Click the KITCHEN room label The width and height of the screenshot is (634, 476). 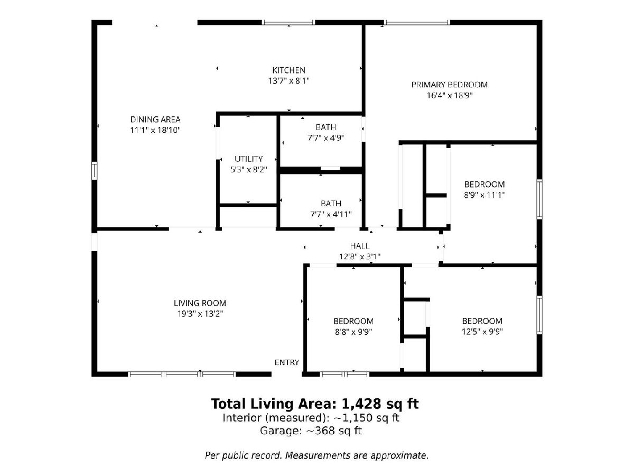click(x=288, y=70)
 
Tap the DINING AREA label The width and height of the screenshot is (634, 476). click(x=155, y=120)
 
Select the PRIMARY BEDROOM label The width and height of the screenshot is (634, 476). click(x=450, y=85)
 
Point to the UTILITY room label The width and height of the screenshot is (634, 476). click(x=249, y=159)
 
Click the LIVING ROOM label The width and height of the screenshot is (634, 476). click(x=200, y=303)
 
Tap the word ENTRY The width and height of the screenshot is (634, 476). click(x=286, y=362)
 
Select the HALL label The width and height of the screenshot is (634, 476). click(x=360, y=246)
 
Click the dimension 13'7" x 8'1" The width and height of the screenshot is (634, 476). click(x=289, y=81)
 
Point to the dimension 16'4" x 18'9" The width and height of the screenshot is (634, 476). click(x=450, y=95)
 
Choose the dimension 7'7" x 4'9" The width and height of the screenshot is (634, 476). click(x=326, y=138)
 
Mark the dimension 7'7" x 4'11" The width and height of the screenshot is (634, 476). click(x=331, y=214)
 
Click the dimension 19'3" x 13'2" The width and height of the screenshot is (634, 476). click(x=200, y=314)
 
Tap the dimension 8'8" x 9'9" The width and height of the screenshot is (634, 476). click(x=353, y=332)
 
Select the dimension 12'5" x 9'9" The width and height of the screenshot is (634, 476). click(x=482, y=332)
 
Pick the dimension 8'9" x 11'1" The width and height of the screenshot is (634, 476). click(x=484, y=195)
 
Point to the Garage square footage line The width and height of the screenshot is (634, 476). click(x=311, y=431)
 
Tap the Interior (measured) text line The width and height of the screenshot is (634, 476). click(x=311, y=418)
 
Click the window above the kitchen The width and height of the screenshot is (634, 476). click(x=288, y=23)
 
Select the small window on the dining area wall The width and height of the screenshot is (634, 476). click(x=94, y=170)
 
